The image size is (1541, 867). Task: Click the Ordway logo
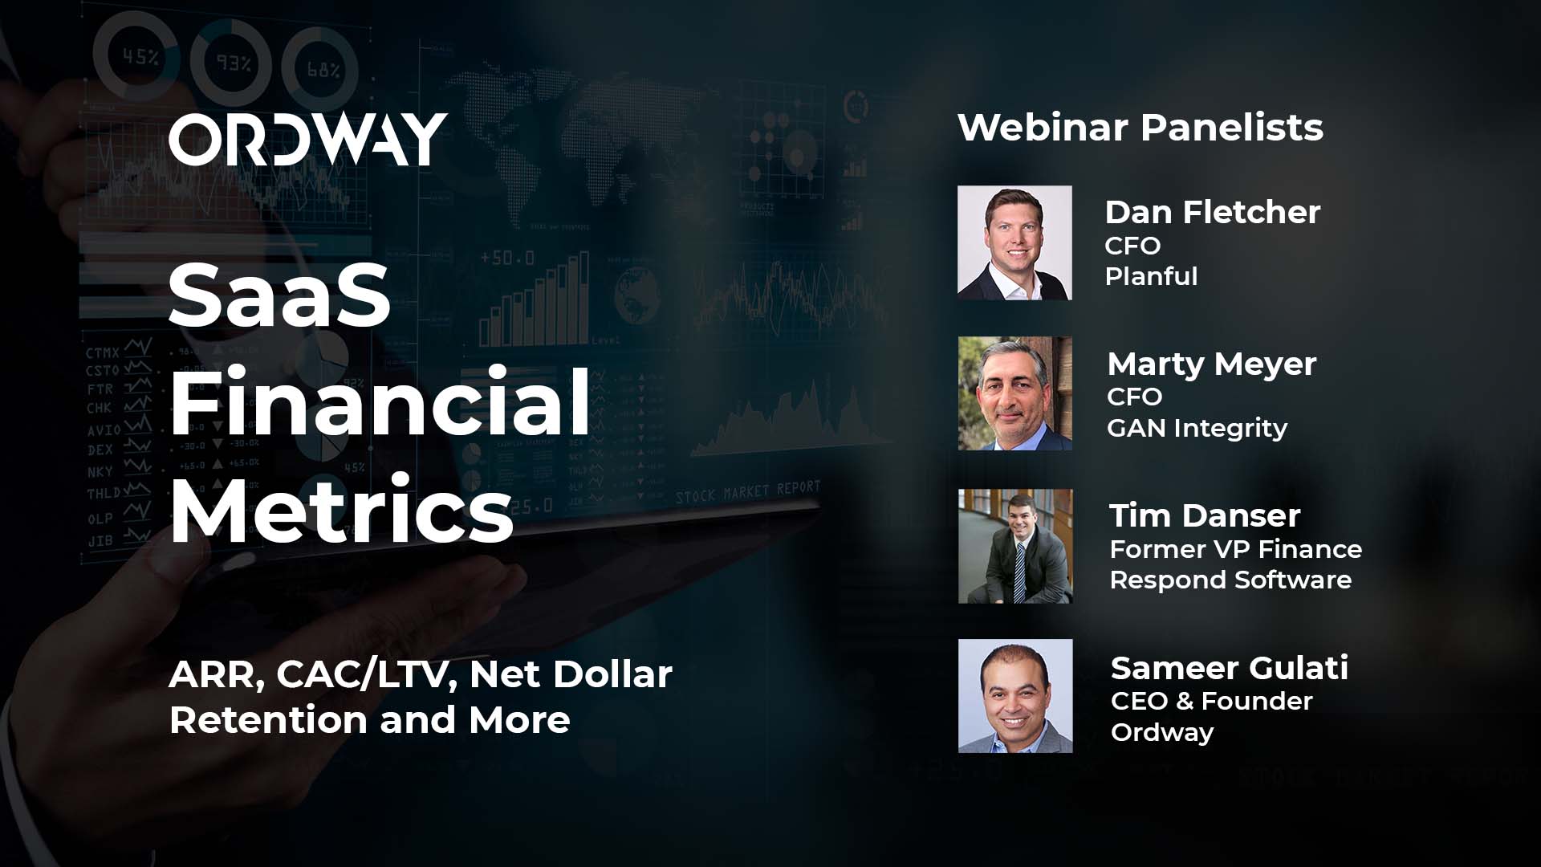(x=307, y=140)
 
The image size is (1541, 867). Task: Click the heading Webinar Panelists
(x=1140, y=128)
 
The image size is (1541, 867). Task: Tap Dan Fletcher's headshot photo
(x=1014, y=242)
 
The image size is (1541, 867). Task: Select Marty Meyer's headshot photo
(x=1014, y=393)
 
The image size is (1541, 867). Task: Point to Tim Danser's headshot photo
(x=1014, y=546)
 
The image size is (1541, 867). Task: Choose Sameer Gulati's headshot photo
(x=1014, y=696)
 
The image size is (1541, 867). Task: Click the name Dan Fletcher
(x=1212, y=212)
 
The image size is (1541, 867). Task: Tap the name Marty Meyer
(x=1211, y=364)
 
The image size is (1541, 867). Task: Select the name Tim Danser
(x=1204, y=515)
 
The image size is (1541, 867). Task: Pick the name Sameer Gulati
(x=1229, y=668)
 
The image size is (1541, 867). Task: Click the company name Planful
(x=1151, y=276)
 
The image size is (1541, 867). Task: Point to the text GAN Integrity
(x=1197, y=428)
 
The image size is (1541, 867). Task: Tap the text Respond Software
(x=1230, y=580)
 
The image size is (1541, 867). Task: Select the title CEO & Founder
(x=1211, y=701)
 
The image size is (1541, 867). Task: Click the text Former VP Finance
(x=1235, y=549)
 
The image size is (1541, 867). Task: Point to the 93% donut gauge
(x=232, y=62)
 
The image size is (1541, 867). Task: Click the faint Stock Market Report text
(x=748, y=492)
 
